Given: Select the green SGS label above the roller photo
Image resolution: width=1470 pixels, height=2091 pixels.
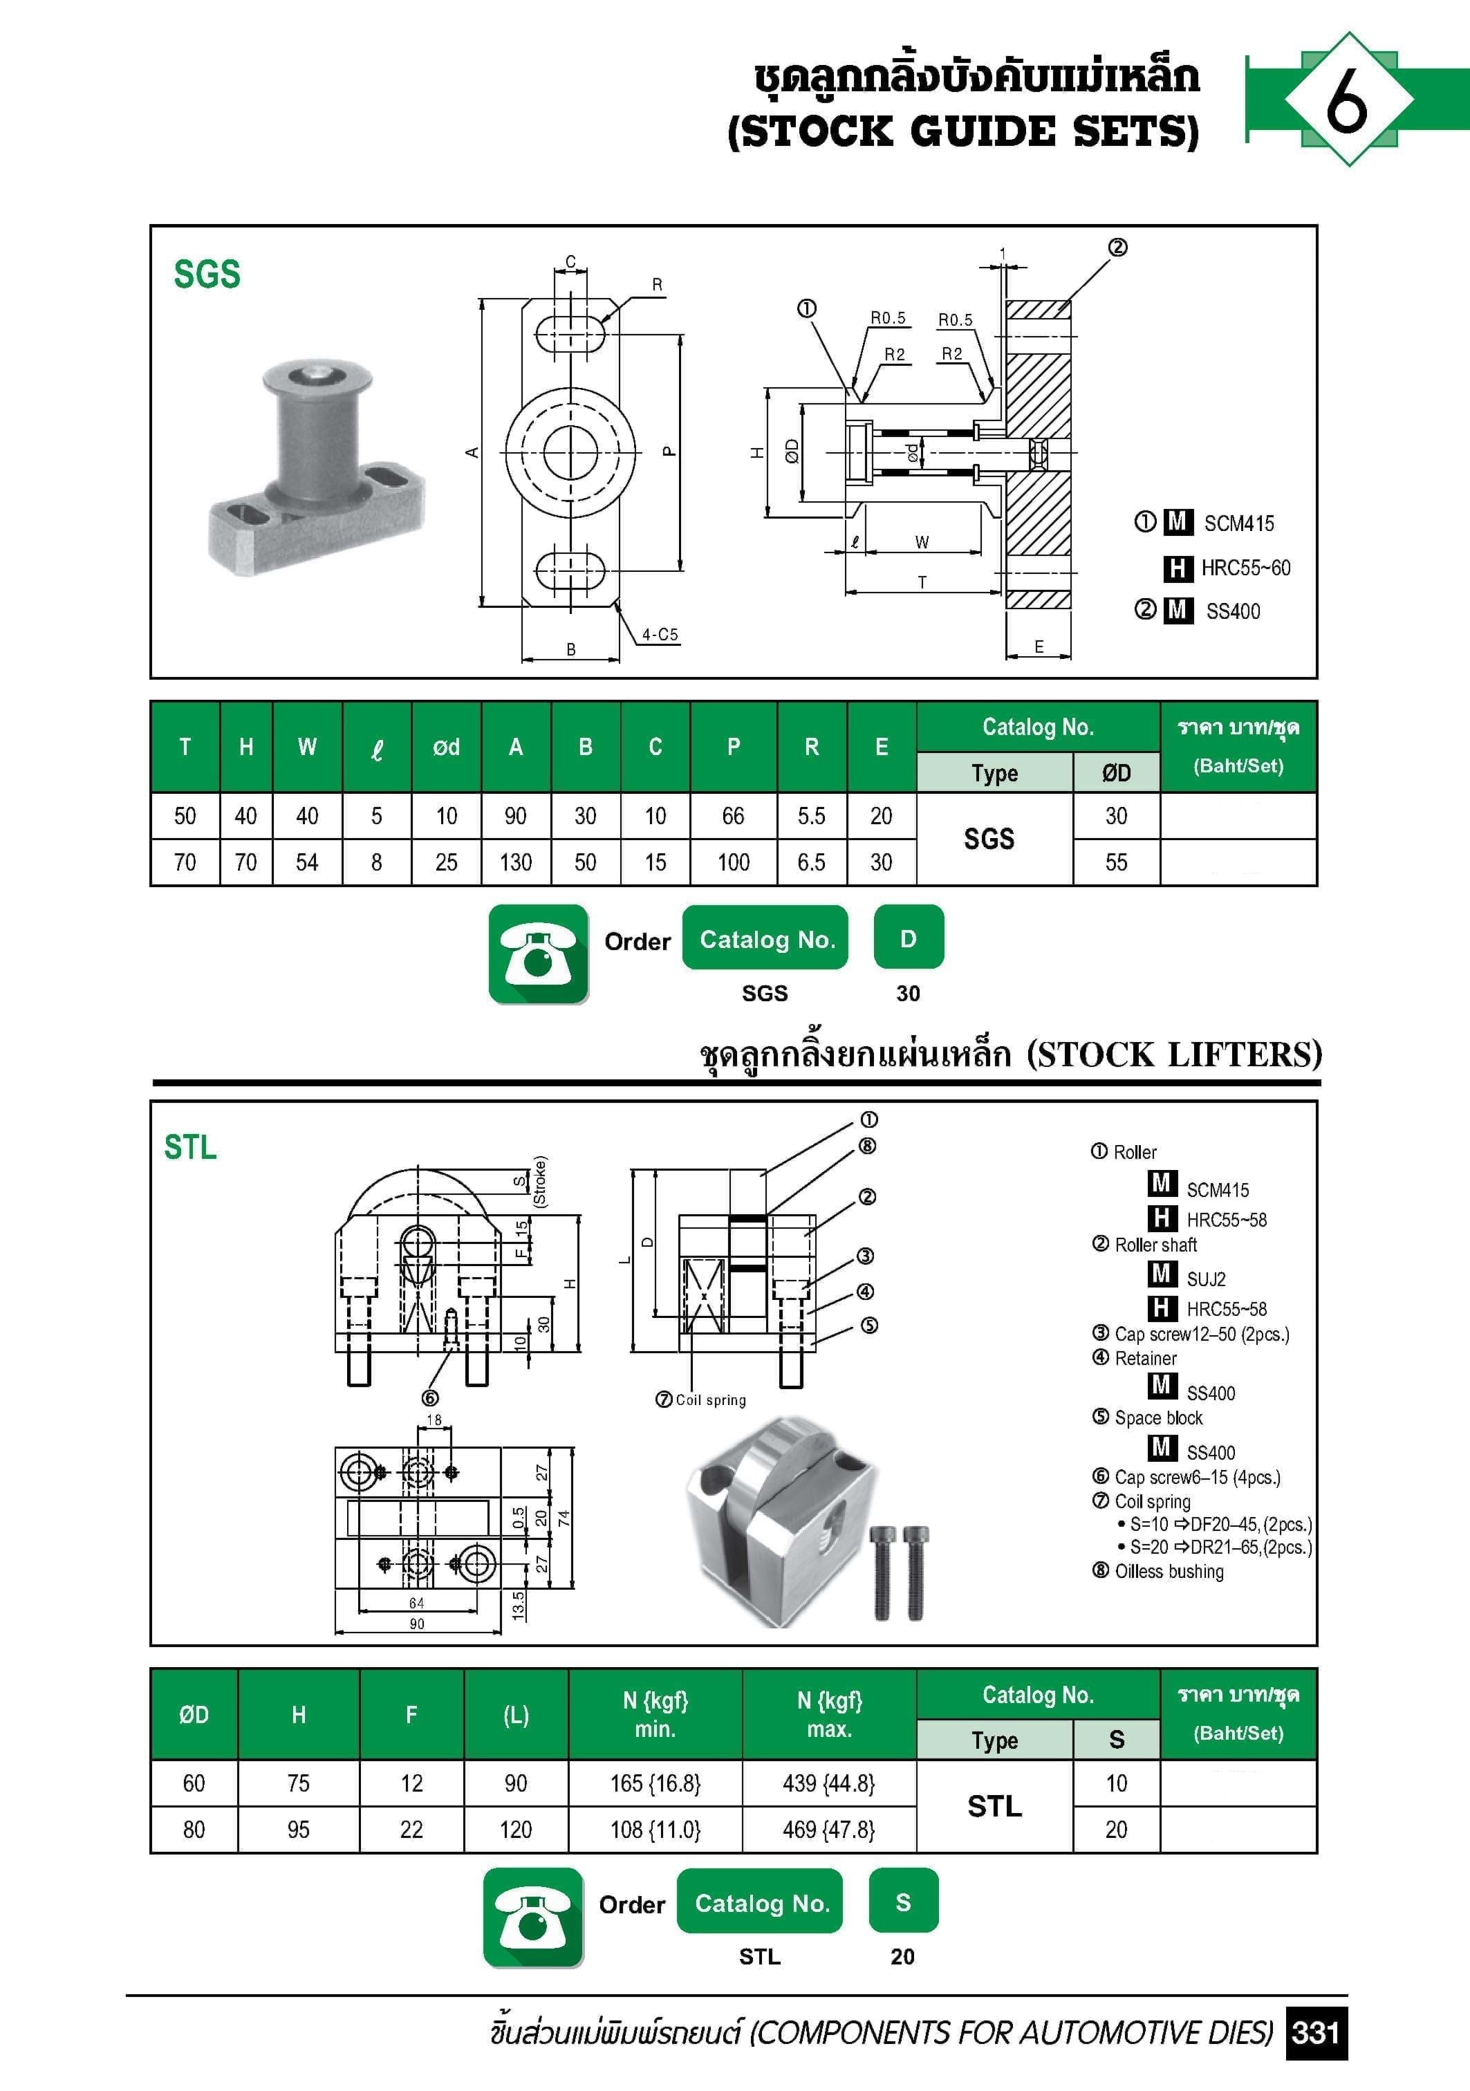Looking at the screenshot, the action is [x=207, y=274].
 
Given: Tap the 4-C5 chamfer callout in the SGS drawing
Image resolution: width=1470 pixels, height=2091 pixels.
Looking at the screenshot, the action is [x=660, y=635].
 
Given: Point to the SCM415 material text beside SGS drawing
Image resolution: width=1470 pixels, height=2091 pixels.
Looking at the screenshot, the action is [x=1238, y=523].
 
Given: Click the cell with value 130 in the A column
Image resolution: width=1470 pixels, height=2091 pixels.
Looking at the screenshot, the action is [x=516, y=862].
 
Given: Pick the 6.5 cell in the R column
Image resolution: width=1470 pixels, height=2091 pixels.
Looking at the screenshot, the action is [x=812, y=862].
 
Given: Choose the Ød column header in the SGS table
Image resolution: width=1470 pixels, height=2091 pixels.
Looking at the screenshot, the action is [x=446, y=747].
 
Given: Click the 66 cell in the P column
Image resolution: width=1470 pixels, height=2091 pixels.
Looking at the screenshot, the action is [x=733, y=816].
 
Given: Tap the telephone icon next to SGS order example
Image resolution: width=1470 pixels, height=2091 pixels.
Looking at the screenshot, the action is [x=538, y=954].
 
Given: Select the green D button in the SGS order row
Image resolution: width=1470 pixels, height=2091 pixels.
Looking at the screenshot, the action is [x=908, y=938].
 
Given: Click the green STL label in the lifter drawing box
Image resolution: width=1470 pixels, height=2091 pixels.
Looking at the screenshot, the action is [x=190, y=1146].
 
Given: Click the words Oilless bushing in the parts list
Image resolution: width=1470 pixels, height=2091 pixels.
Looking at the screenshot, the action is [x=1169, y=1572].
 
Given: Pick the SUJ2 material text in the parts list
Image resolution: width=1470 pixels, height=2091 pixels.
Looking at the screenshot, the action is [x=1206, y=1279].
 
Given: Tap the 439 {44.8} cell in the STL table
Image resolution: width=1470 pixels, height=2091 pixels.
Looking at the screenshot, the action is [x=829, y=1783].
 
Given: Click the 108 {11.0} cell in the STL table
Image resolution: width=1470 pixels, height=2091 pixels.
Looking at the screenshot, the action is [x=655, y=1830].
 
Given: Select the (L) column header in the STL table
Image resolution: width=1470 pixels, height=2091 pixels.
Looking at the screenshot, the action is [x=516, y=1715].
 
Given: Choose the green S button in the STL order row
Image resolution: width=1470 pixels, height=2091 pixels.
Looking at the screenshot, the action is [x=902, y=1902].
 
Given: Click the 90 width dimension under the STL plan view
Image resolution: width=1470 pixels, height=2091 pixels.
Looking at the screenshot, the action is [x=416, y=1624].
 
